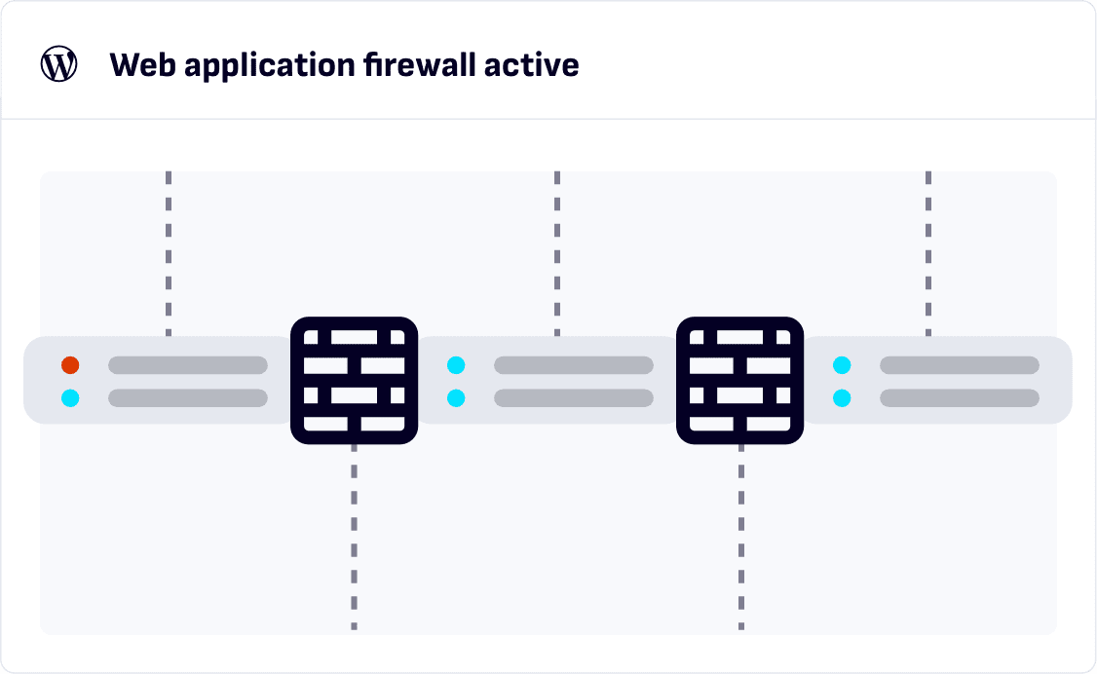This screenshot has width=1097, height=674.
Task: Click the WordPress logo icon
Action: click(x=58, y=65)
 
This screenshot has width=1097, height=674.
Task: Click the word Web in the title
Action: click(x=141, y=65)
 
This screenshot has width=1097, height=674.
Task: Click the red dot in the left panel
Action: click(x=70, y=365)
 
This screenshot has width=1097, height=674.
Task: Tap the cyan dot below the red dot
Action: click(x=70, y=397)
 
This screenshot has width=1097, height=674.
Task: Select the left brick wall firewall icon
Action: click(x=355, y=380)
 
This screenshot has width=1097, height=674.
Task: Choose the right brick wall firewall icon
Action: click(x=740, y=380)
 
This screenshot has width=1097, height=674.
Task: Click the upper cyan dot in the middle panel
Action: click(x=456, y=365)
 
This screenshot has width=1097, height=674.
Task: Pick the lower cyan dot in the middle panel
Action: click(x=456, y=397)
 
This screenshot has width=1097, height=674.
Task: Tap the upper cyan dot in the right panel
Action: click(x=842, y=365)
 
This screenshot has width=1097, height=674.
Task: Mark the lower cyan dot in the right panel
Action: click(x=842, y=397)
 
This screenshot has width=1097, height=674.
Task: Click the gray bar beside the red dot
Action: click(x=188, y=365)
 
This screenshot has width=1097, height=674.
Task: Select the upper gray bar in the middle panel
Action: click(x=574, y=365)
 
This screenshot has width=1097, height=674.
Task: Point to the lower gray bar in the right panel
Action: click(x=960, y=397)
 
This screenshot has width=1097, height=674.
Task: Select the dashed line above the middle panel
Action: click(x=557, y=253)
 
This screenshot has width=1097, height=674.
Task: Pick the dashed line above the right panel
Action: click(x=928, y=253)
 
